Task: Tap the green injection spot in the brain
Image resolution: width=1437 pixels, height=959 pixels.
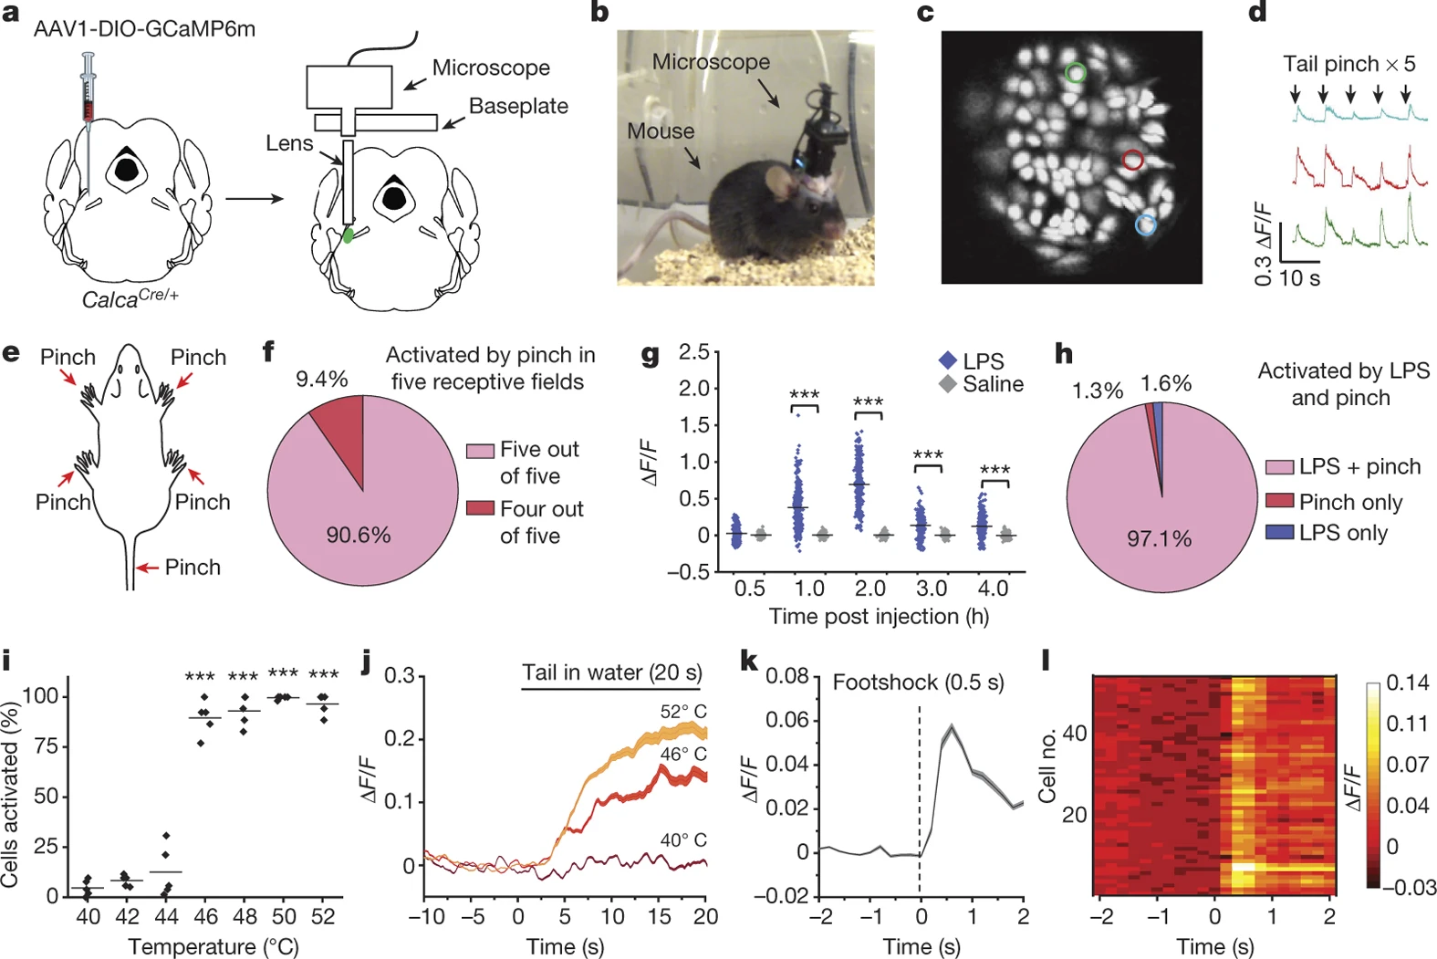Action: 349,235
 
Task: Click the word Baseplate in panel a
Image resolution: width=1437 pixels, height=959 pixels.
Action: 518,107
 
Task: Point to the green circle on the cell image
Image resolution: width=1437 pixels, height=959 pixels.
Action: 1077,73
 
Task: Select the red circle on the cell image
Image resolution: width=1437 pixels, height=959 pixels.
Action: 1132,161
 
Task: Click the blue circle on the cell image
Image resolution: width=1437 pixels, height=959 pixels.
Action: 1145,224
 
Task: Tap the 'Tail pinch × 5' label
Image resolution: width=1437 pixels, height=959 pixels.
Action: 1348,64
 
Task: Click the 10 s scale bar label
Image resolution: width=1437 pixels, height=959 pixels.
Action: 1299,279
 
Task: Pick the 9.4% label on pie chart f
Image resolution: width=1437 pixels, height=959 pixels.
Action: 321,379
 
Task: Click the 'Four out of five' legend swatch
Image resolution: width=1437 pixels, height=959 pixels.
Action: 480,508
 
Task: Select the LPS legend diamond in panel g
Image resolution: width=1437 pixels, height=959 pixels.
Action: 948,361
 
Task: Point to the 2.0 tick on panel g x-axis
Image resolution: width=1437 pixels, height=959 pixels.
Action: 869,589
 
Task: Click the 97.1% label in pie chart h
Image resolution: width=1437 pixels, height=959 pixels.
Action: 1159,538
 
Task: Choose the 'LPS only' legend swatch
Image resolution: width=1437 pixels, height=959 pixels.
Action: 1279,532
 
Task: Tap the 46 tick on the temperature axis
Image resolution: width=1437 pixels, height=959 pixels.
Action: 206,916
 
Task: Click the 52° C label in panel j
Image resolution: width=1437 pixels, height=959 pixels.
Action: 683,712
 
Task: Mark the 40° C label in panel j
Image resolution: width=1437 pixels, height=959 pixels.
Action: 683,839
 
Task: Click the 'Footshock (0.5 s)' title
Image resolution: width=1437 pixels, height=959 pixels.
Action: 918,683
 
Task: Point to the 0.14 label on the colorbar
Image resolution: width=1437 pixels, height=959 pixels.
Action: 1407,683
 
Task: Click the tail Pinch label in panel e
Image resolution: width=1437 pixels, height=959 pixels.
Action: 193,568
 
